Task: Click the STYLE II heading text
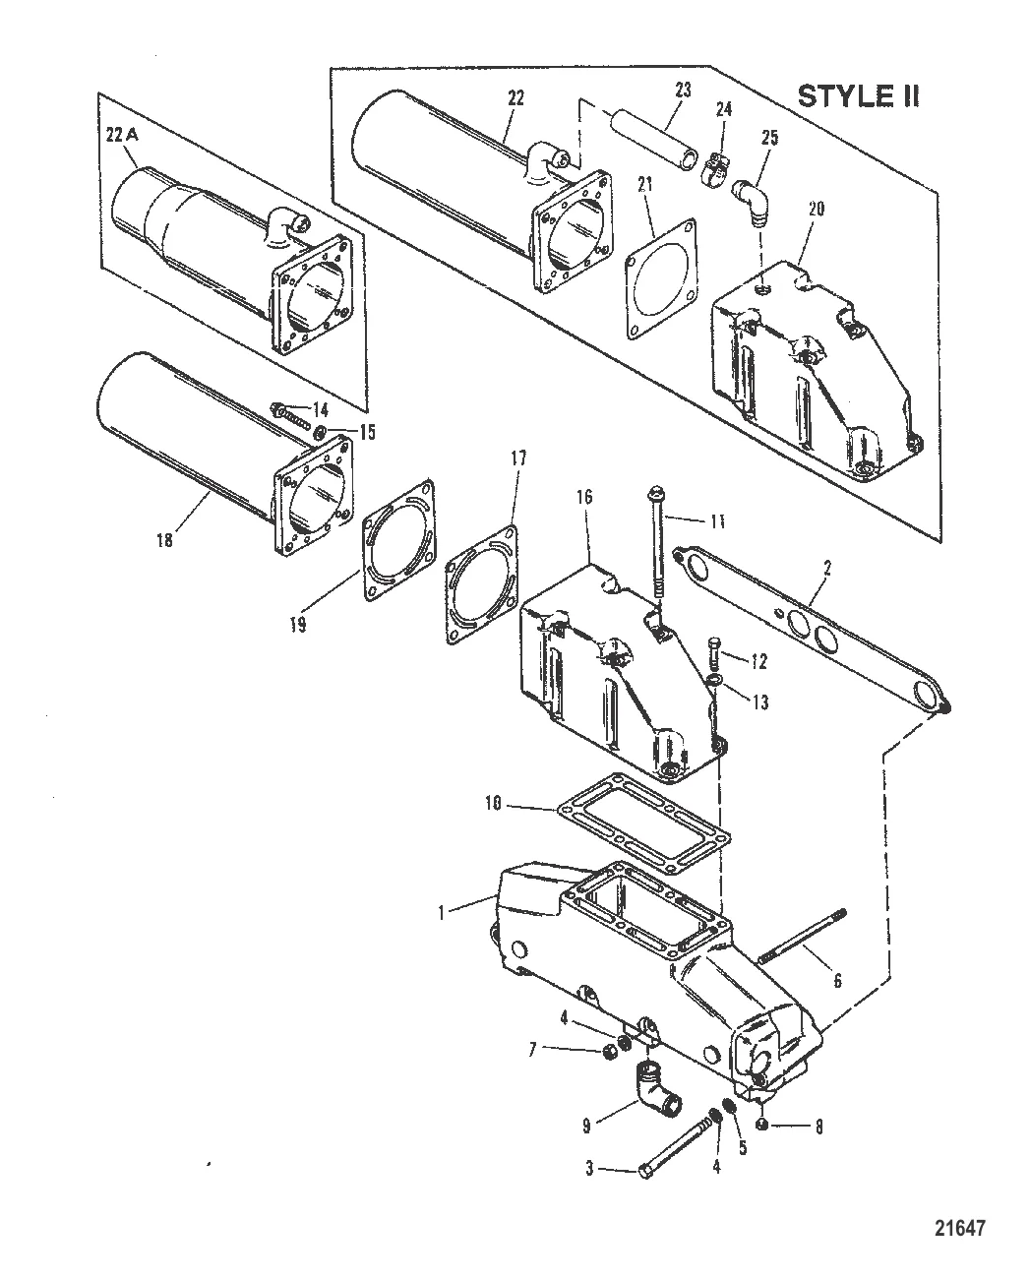point(857,95)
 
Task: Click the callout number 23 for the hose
point(682,89)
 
